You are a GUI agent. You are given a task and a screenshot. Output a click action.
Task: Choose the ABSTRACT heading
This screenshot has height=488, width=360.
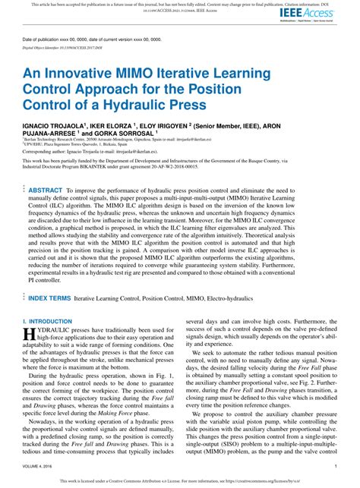click(x=45, y=190)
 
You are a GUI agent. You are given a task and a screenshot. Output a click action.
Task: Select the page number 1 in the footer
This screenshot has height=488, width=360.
click(x=335, y=465)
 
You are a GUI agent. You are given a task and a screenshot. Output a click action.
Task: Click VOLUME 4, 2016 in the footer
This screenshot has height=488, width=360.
click(x=36, y=465)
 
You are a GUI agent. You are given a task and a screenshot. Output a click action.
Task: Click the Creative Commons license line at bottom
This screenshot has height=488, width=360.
click(x=180, y=480)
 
